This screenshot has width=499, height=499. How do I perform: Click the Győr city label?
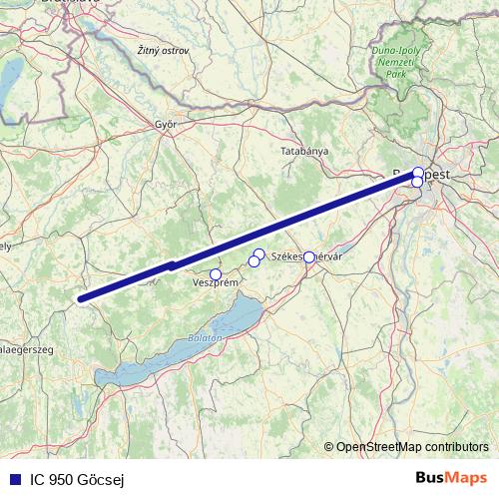tap(165, 125)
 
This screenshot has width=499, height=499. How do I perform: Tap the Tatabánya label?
tap(304, 150)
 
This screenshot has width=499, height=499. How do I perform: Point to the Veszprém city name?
tap(215, 283)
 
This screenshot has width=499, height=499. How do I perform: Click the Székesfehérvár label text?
tap(307, 256)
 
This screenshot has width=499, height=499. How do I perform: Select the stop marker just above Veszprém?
tap(216, 274)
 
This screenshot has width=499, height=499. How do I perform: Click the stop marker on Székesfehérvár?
tap(309, 257)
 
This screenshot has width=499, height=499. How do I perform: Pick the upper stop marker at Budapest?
tap(418, 172)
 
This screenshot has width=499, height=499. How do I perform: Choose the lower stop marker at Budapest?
tap(417, 182)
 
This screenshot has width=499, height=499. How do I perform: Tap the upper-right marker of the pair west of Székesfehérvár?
tap(259, 254)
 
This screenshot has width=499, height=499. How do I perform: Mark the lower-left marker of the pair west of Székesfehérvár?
tap(253, 261)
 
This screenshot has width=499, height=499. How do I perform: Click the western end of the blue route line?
tap(81, 297)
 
